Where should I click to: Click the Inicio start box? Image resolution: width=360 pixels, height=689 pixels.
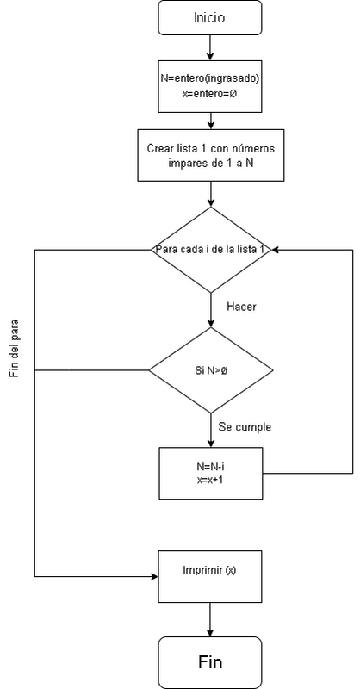210,16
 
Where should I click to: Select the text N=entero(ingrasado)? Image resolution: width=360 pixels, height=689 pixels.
210,78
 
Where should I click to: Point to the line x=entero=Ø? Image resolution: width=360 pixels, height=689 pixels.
210,93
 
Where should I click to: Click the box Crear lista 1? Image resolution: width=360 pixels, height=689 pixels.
210,154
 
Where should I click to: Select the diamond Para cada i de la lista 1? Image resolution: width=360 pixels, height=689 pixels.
210,250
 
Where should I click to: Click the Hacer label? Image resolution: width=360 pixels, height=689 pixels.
241,307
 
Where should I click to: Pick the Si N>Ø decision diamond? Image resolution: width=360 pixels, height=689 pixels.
210,371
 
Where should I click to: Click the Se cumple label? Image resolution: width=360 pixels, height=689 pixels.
245,427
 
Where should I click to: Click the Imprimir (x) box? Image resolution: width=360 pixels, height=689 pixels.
210,575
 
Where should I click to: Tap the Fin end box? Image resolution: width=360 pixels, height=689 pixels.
210,662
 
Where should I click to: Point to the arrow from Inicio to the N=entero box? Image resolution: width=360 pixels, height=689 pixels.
210,47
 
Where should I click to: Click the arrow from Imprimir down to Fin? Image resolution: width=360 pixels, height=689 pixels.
210,619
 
